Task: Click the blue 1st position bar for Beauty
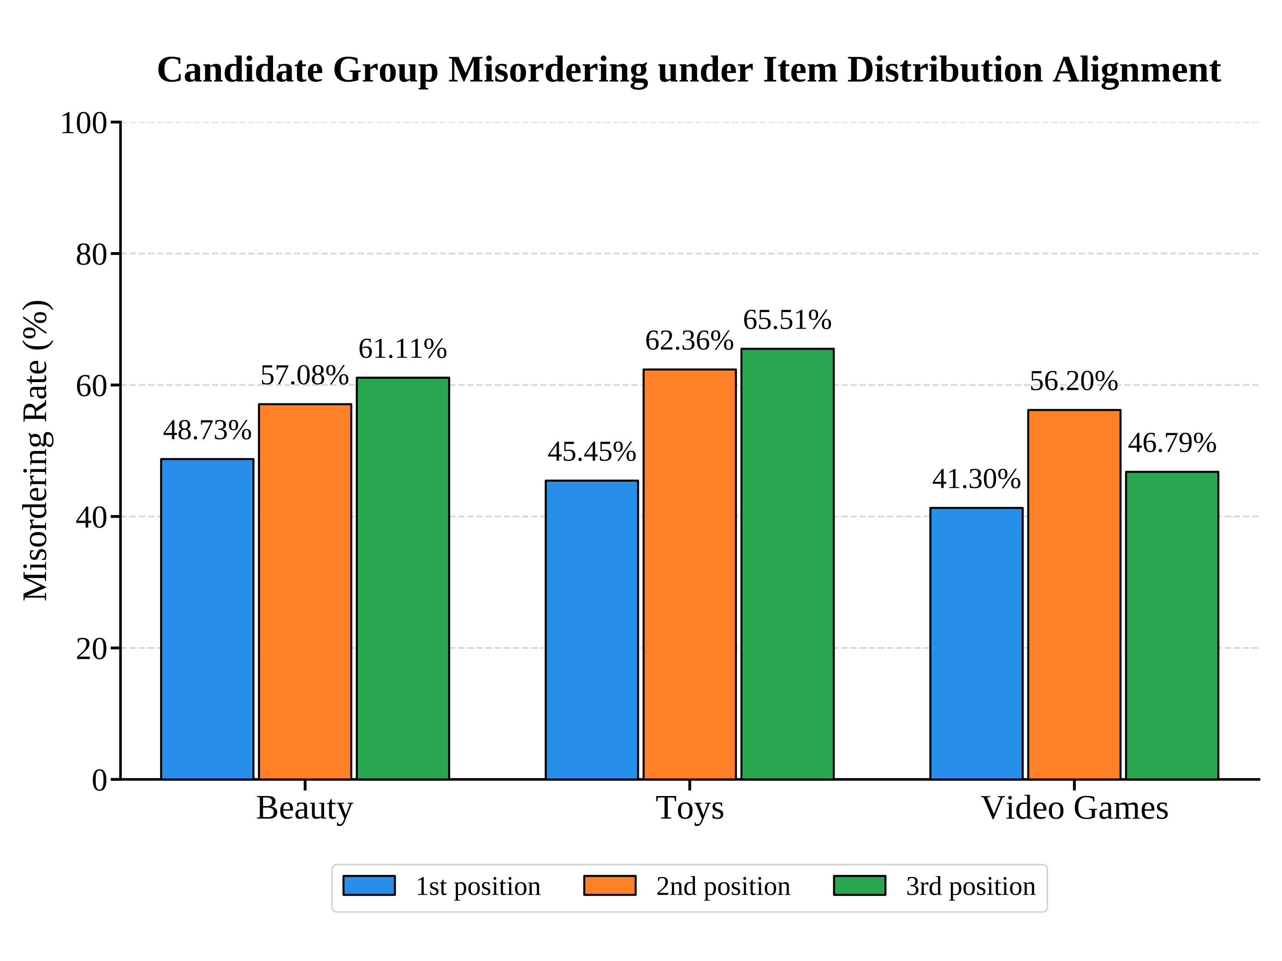tap(207, 619)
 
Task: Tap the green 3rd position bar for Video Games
tap(1172, 625)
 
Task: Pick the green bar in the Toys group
tap(788, 564)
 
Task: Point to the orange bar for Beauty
tap(305, 591)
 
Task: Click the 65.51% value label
tap(788, 320)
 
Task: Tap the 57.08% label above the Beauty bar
tap(305, 376)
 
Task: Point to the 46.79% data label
tap(1172, 444)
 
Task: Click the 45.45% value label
tap(592, 453)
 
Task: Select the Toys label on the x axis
tap(690, 808)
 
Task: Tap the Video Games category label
tap(1074, 808)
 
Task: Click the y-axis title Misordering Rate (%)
tap(36, 451)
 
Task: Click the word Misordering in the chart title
tap(548, 70)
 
